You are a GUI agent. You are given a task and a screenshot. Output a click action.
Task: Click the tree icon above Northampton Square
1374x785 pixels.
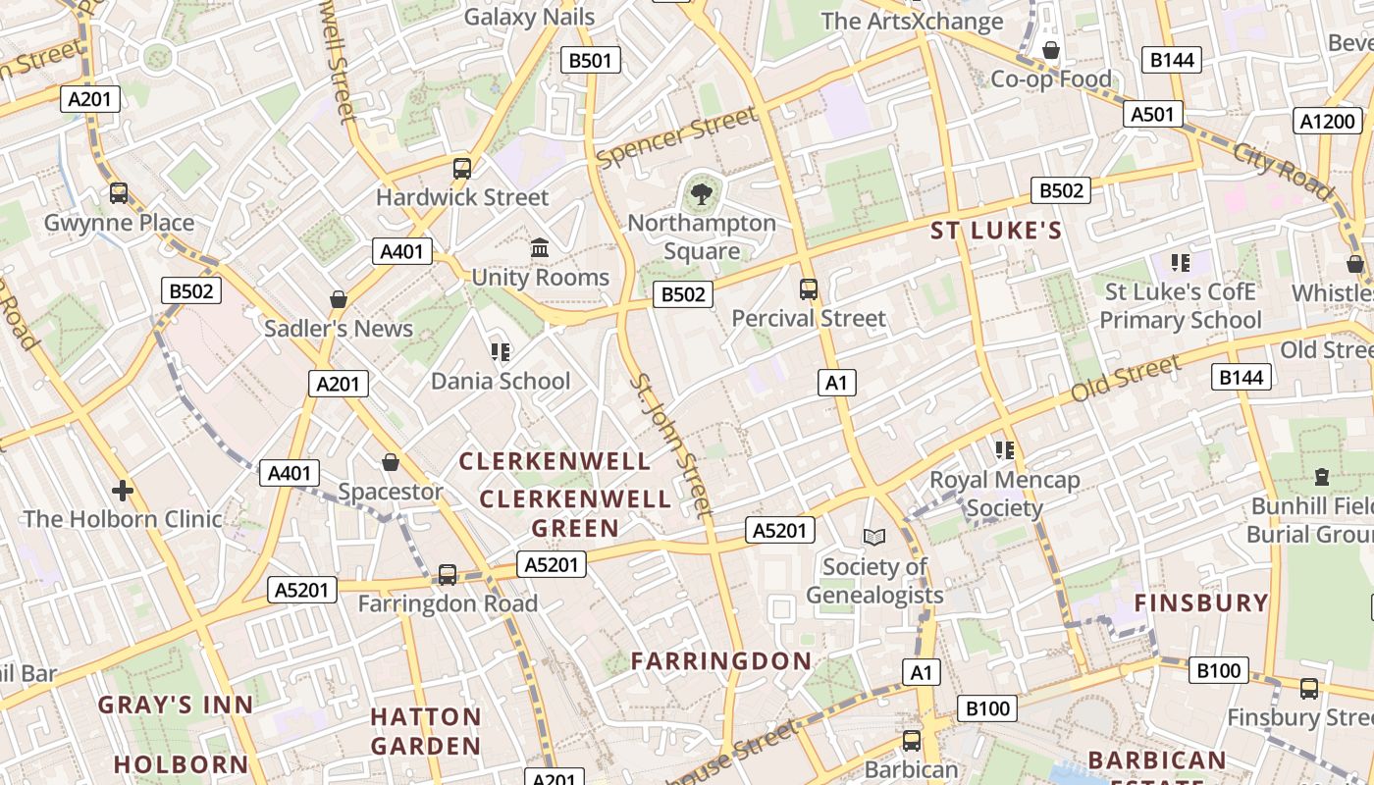tap(701, 193)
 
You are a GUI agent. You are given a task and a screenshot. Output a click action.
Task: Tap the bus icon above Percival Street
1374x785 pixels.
tap(809, 288)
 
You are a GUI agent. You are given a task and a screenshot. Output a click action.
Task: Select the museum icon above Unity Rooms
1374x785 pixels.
tap(540, 248)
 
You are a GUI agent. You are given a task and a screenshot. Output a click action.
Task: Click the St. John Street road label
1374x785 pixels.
tap(670, 445)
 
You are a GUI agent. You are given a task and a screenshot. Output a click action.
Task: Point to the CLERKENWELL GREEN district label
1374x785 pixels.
tap(575, 513)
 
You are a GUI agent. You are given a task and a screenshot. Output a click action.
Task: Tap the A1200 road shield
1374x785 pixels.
tap(1329, 122)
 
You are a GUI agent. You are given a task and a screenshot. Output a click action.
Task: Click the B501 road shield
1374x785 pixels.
tap(590, 61)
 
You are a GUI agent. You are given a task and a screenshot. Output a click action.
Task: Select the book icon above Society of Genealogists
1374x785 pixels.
tap(873, 537)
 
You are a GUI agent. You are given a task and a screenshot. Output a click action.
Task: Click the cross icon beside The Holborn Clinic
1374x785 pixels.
tap(123, 490)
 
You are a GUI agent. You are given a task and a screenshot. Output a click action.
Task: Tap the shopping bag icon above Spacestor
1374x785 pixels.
tap(391, 461)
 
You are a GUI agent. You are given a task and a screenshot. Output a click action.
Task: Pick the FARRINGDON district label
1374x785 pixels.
tap(721, 661)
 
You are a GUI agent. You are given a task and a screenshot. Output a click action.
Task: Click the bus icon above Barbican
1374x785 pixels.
tap(912, 740)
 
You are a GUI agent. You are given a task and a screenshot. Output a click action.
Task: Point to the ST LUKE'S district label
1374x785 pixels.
tap(996, 232)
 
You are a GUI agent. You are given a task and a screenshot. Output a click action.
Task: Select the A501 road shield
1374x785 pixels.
tap(1152, 115)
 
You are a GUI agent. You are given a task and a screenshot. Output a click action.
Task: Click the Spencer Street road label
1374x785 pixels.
tap(677, 137)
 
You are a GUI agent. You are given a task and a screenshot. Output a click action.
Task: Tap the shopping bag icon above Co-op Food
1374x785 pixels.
tap(1051, 49)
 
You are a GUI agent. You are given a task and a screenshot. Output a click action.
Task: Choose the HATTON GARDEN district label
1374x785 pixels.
tap(426, 731)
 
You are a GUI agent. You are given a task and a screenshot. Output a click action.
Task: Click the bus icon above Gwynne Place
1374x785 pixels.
tap(119, 193)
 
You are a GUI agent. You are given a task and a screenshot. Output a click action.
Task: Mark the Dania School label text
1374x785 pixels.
tap(501, 382)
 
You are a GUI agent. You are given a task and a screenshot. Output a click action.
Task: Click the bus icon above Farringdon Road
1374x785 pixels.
tap(448, 574)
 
